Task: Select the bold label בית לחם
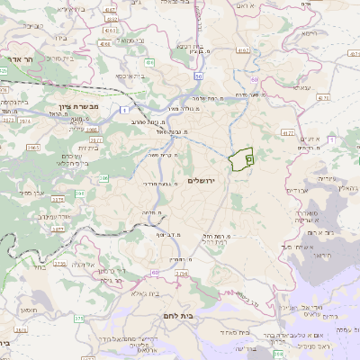tap(180, 316)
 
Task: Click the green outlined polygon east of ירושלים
tap(242, 159)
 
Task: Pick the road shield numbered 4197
tap(242, 51)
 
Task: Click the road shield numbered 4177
tap(288, 133)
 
